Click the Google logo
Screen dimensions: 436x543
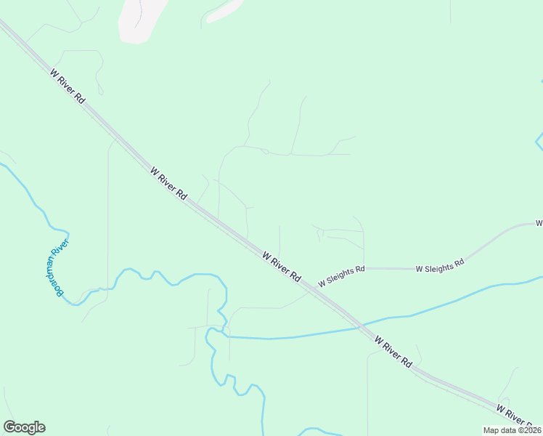pyautogui.click(x=24, y=427)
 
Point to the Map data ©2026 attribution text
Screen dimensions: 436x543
pyautogui.click(x=512, y=430)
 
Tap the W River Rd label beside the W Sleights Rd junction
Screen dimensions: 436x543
pyautogui.click(x=282, y=267)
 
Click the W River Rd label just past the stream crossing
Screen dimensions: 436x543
pyautogui.click(x=393, y=352)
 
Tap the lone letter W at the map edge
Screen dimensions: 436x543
pyautogui.click(x=539, y=223)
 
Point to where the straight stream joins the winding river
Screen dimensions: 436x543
pyautogui.click(x=224, y=335)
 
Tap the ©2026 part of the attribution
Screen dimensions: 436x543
pyautogui.click(x=528, y=430)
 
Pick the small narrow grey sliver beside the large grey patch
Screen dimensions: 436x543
pyautogui.click(x=224, y=10)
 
